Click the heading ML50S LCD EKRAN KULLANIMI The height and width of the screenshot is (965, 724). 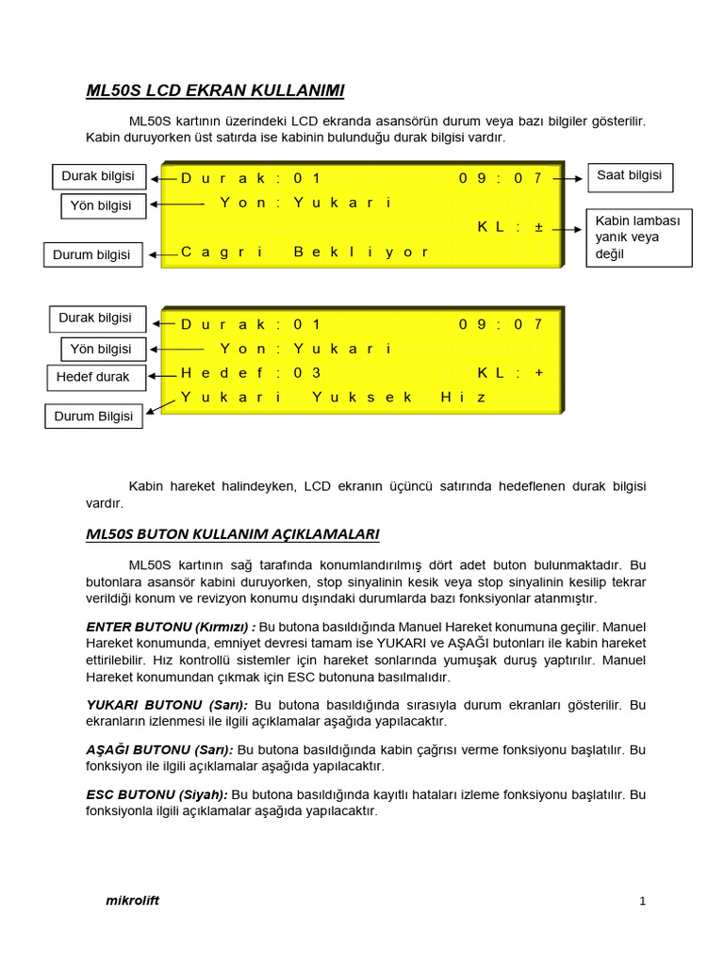click(215, 90)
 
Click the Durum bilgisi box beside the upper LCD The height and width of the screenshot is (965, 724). click(92, 254)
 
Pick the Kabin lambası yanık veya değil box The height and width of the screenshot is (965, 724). click(639, 237)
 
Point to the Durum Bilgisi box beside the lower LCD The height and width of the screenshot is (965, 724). click(93, 416)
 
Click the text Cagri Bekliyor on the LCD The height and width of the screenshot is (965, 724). click(304, 252)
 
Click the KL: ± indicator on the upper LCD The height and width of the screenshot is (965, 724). click(510, 228)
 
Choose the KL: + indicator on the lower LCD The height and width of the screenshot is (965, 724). click(510, 373)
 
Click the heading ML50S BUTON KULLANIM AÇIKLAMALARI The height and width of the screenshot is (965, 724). click(232, 534)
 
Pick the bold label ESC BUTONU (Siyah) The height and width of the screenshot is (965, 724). click(156, 795)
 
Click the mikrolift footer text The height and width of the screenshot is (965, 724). click(132, 900)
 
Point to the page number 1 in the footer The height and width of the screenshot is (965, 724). click(642, 902)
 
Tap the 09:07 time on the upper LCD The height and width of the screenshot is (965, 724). click(501, 178)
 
